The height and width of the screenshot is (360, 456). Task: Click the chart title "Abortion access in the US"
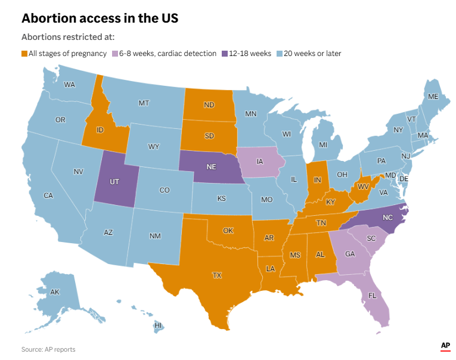(x=100, y=18)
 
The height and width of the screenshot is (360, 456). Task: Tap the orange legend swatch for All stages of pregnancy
(x=24, y=54)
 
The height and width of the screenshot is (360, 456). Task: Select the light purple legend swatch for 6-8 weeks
(x=114, y=54)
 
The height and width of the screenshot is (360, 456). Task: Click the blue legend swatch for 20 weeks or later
(x=279, y=54)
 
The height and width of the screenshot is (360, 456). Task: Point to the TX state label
(x=217, y=275)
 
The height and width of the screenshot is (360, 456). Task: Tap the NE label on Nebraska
(x=211, y=167)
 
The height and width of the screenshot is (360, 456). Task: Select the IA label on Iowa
(x=260, y=162)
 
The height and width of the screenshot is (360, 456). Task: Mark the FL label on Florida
(x=373, y=296)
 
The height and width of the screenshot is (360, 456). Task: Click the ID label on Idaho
(x=101, y=130)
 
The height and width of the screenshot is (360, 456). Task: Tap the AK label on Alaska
(x=55, y=292)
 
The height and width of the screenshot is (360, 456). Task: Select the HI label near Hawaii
(x=158, y=325)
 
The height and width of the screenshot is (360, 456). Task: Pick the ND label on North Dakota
(x=209, y=105)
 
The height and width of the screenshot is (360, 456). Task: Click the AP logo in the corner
(x=445, y=346)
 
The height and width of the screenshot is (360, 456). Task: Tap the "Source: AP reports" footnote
(x=48, y=349)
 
